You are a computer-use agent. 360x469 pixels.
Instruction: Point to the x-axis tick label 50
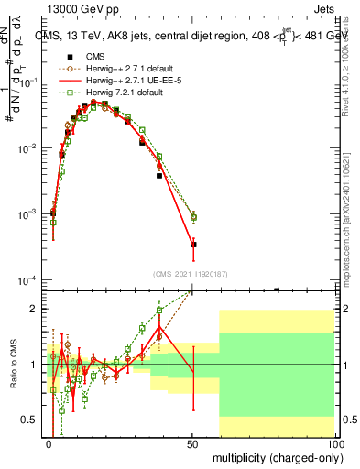192,443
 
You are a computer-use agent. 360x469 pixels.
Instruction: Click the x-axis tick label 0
49,443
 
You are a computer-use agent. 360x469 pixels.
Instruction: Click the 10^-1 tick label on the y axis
28,82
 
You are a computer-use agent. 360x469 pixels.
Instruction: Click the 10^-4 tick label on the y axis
28,279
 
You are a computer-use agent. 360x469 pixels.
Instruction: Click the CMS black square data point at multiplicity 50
193,245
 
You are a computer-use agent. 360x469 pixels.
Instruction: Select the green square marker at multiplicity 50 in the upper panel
193,217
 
